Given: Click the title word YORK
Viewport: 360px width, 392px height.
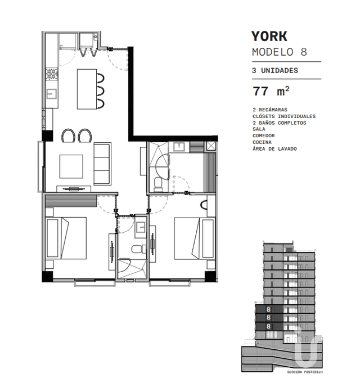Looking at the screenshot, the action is (x=269, y=36).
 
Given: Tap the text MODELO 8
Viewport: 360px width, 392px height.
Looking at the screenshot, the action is (x=279, y=52).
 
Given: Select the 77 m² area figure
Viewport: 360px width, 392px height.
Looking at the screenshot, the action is (x=271, y=91).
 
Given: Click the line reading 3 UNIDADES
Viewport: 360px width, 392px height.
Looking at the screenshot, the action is (x=275, y=70).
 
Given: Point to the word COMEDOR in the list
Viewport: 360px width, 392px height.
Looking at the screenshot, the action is (x=263, y=136).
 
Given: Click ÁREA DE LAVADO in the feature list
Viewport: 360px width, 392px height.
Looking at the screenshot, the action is (x=274, y=149).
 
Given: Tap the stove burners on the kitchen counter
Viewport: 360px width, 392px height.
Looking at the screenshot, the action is (x=52, y=74).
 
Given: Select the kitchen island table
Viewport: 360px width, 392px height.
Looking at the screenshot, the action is (x=87, y=89).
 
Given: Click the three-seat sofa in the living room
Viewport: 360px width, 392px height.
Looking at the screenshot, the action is (x=102, y=164).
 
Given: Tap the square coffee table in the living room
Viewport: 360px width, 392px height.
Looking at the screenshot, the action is (x=71, y=166).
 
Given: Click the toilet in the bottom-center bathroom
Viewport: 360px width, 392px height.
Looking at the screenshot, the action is (x=139, y=249).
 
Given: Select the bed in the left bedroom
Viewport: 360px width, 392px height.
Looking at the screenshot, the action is (x=66, y=238).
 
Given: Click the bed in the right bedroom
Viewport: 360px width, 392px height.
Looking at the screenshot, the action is (x=195, y=238).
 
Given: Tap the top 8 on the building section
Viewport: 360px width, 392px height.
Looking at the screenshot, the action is (x=268, y=309).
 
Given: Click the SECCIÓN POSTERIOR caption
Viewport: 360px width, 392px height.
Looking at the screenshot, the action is (x=305, y=372).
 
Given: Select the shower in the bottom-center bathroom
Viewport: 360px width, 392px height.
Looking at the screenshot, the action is (x=132, y=269).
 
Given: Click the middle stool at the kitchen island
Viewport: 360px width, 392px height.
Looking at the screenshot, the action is (x=101, y=91).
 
